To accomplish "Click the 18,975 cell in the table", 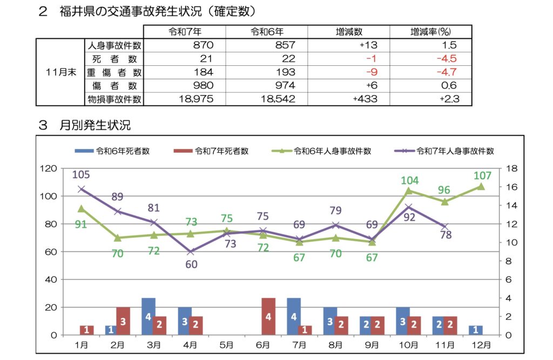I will (x=196, y=99).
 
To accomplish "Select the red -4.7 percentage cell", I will (x=446, y=72).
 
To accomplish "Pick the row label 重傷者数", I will (x=114, y=72).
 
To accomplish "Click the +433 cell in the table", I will (x=365, y=99).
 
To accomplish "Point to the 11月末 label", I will (x=60, y=72).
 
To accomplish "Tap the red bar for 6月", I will (x=268, y=316).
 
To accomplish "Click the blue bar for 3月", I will (x=149, y=316).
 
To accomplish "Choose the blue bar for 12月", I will (x=475, y=330).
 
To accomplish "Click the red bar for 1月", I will (x=87, y=330).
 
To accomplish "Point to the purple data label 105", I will (x=81, y=174).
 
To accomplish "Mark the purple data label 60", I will (x=191, y=264).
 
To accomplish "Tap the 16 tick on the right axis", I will (x=509, y=187).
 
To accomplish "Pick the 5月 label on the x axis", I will (x=227, y=344).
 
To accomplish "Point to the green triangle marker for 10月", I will (x=409, y=191).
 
